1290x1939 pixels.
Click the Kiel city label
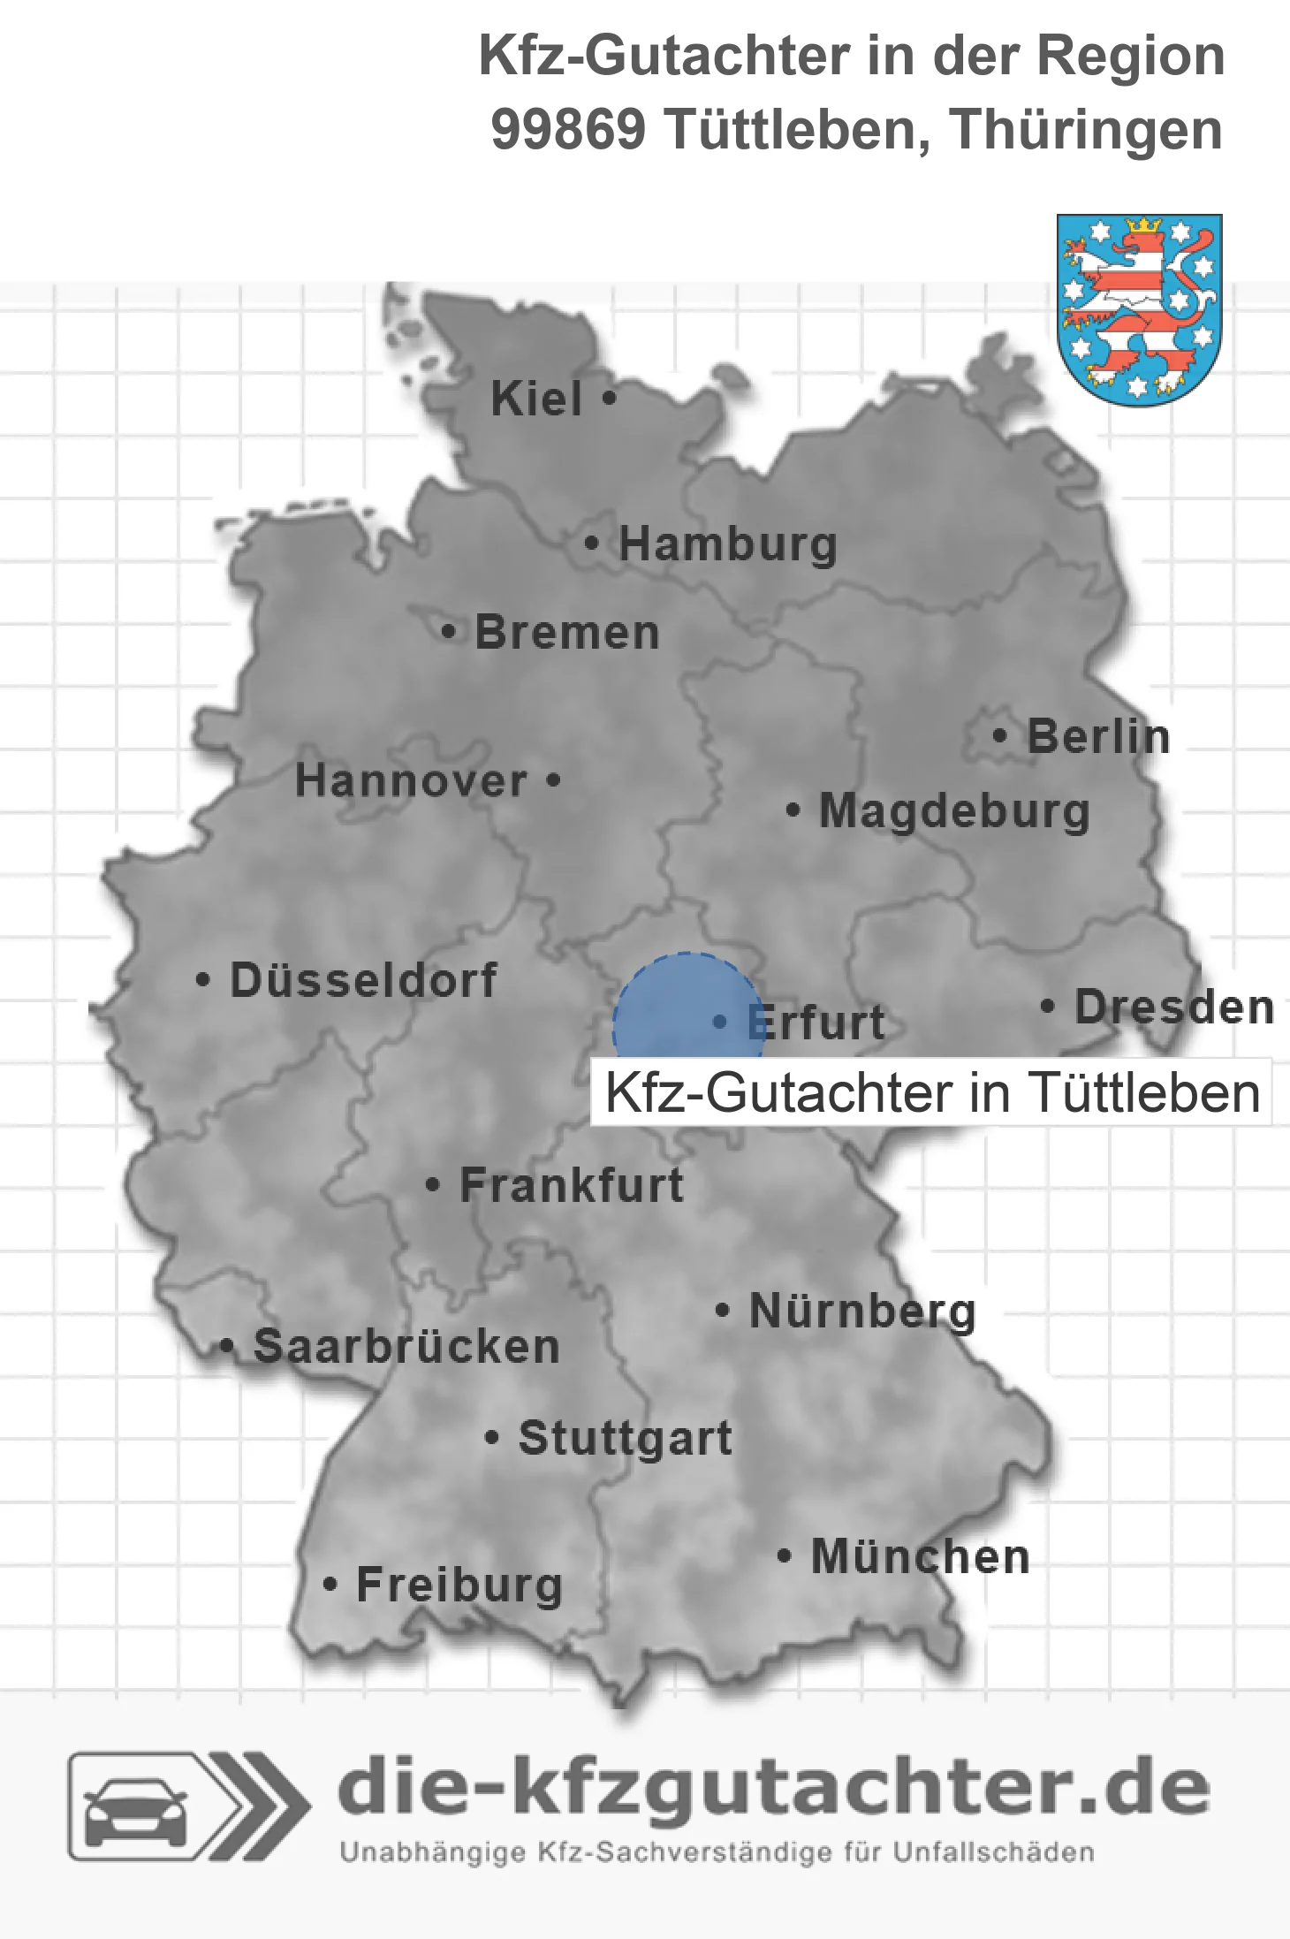[x=536, y=399]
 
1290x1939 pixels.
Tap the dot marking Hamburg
[x=591, y=544]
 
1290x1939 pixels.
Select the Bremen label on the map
[x=566, y=633]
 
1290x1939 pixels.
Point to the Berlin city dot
[x=999, y=735]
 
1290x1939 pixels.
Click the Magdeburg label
[x=954, y=810]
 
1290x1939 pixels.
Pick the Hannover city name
[x=411, y=780]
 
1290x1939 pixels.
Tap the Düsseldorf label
[x=363, y=980]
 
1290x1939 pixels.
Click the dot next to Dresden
[x=1047, y=1006]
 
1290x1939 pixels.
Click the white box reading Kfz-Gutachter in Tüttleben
[x=931, y=1092]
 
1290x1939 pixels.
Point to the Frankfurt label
[x=572, y=1185]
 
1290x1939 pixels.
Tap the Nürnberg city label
[x=862, y=1311]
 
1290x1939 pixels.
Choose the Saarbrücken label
[x=406, y=1347]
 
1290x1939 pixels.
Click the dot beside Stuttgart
[x=492, y=1438]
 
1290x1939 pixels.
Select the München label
[x=921, y=1556]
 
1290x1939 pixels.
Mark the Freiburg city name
[x=459, y=1585]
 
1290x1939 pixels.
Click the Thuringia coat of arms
[x=1139, y=309]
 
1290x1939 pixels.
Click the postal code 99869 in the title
[x=568, y=130]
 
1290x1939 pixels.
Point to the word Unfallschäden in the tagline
[x=993, y=1852]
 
